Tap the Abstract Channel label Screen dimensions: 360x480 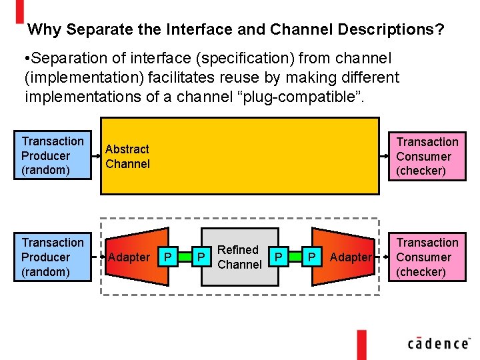coord(127,157)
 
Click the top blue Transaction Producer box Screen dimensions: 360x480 coord(53,155)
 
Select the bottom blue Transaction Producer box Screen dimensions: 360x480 coord(53,257)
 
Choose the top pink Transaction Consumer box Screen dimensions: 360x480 coord(427,156)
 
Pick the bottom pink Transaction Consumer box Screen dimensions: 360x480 coord(427,257)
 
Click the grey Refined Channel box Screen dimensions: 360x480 coord(239,257)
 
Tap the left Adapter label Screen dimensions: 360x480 coord(129,257)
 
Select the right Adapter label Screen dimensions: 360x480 coord(351,257)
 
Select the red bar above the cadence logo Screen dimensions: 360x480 coord(361,344)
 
